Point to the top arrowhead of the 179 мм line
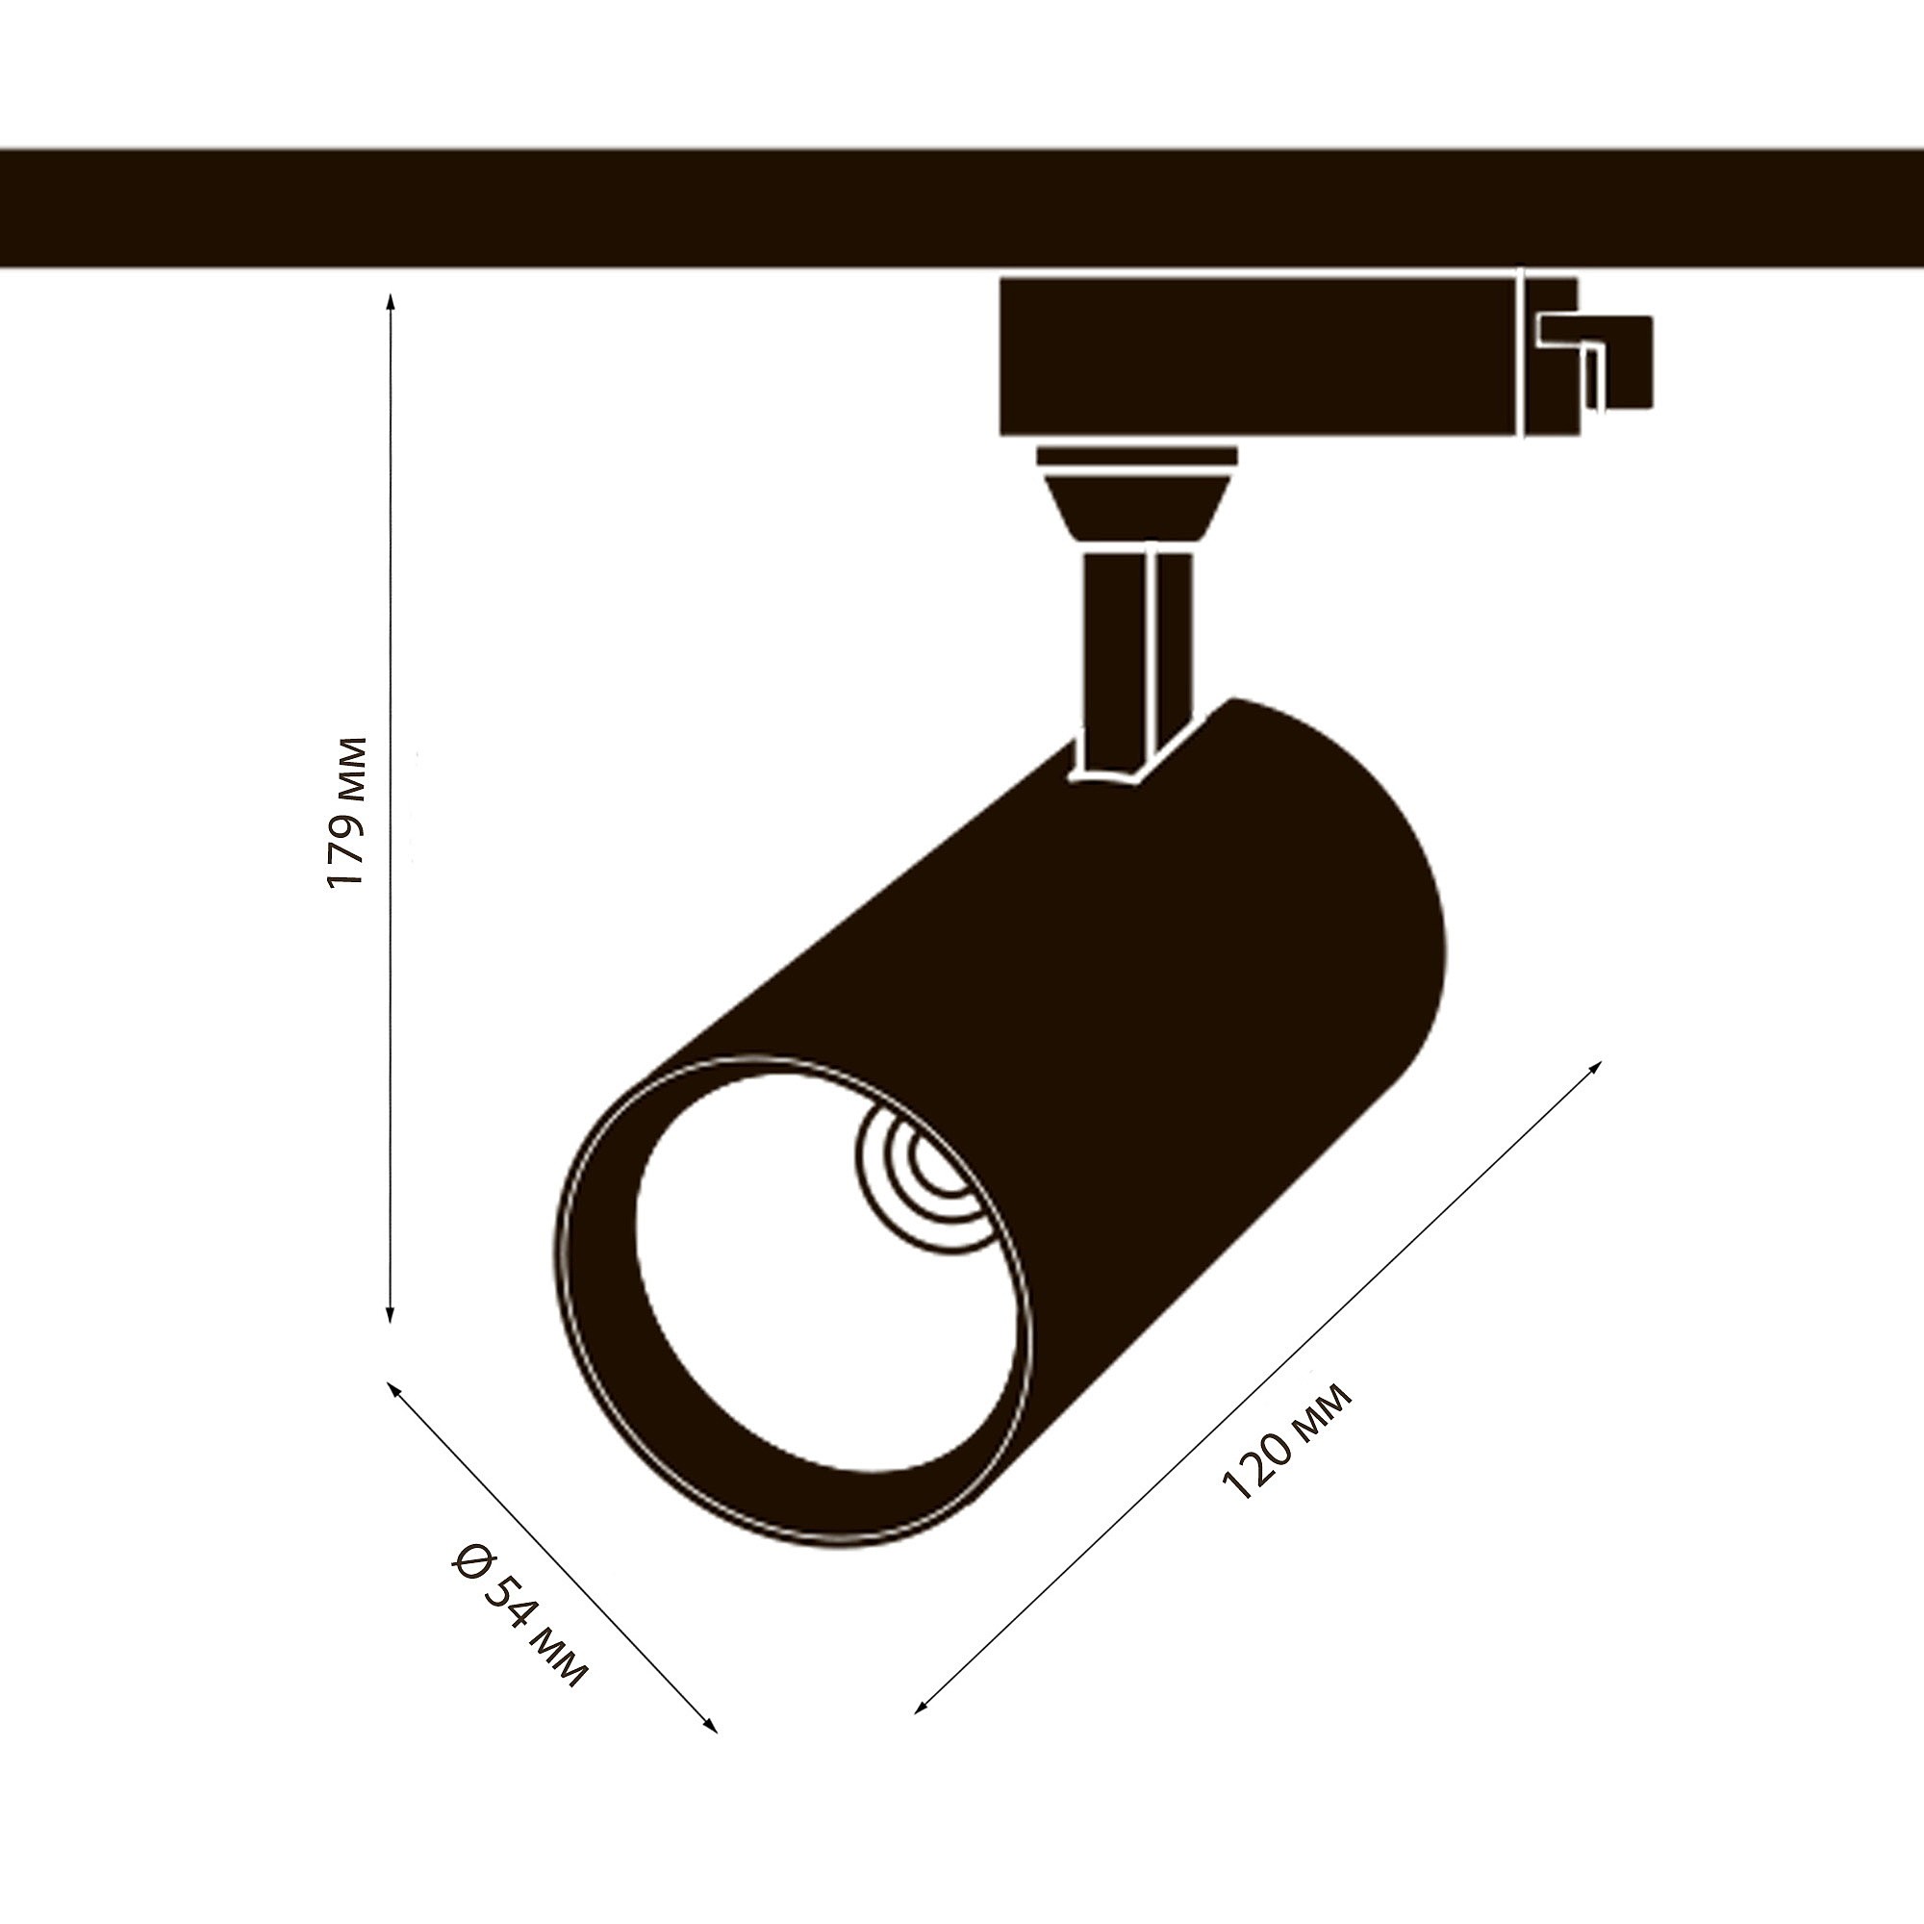(x=391, y=300)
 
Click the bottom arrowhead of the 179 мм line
(x=391, y=1317)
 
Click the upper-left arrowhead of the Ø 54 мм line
(x=392, y=1387)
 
